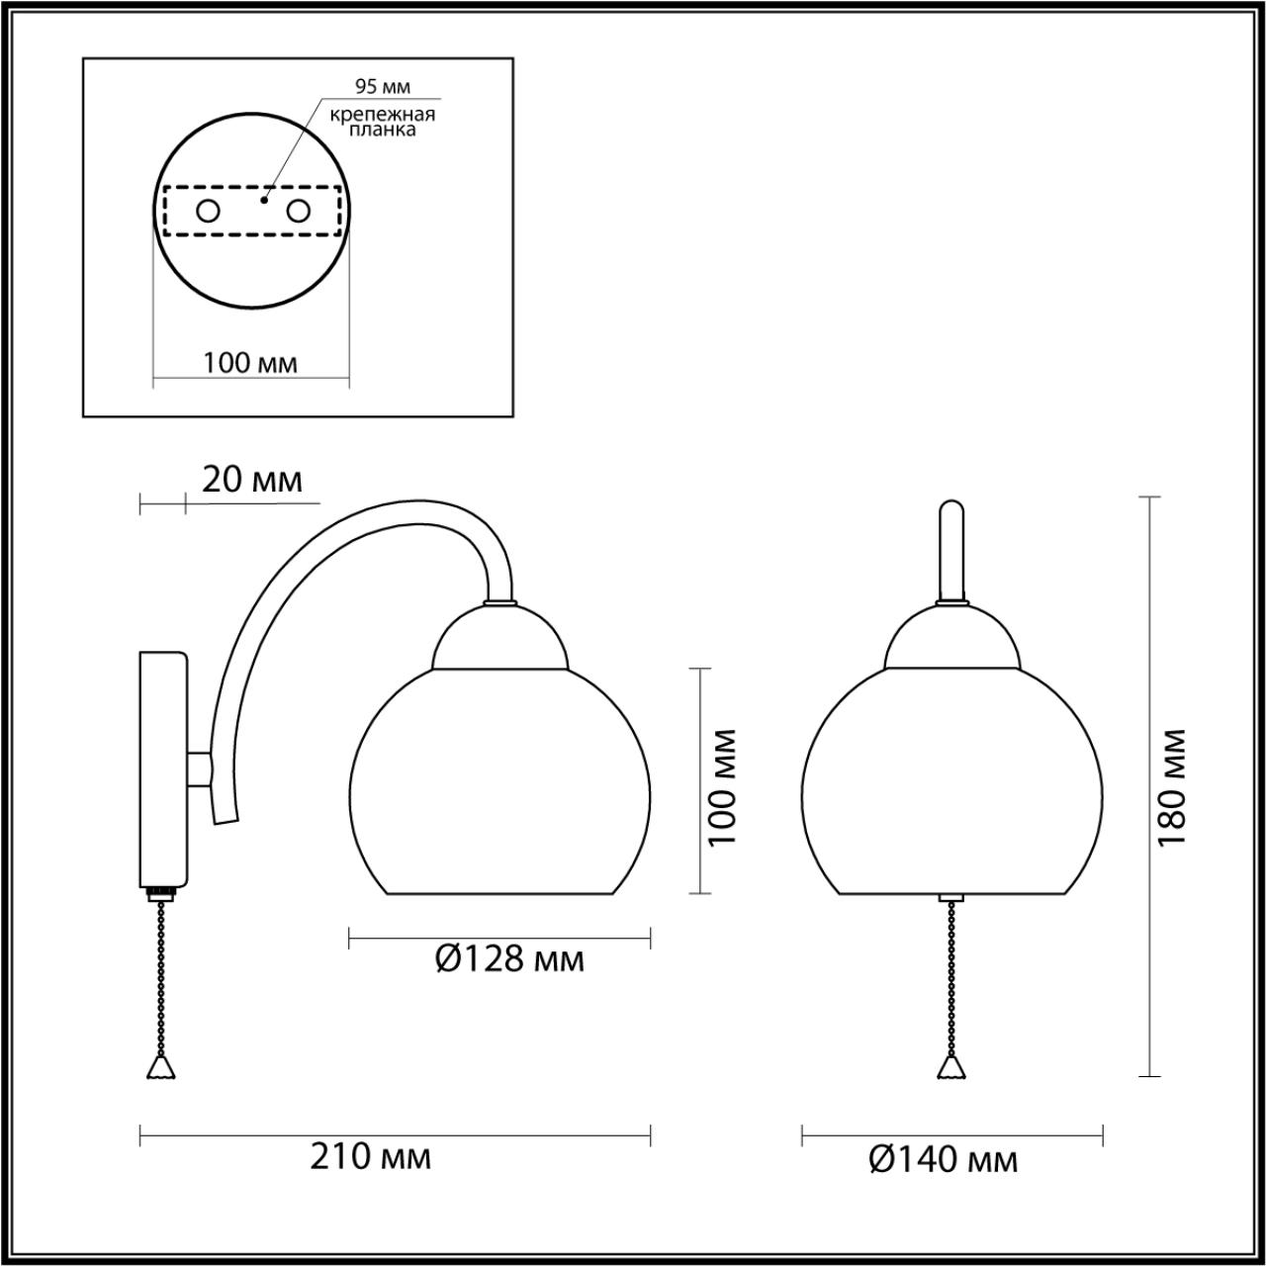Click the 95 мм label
tap(383, 86)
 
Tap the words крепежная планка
tap(383, 122)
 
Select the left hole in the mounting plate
tap(209, 212)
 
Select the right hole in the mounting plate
tap(299, 212)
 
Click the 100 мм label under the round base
tap(249, 363)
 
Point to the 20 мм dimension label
tap(252, 481)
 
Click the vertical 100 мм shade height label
tap(723, 787)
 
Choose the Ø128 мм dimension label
tap(509, 959)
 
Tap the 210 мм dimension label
tap(371, 1157)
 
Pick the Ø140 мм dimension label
tap(943, 1160)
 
